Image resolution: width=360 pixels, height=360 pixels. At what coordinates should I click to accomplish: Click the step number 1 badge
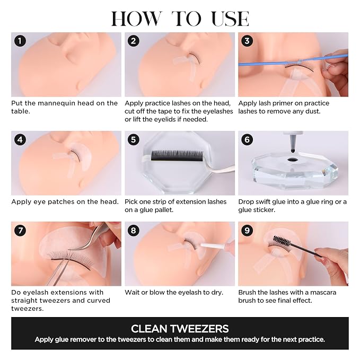pyautogui.click(x=20, y=41)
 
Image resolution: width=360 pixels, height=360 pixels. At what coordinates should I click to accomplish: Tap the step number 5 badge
pyautogui.click(x=134, y=139)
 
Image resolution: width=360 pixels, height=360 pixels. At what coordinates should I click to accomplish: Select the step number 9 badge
pyautogui.click(x=247, y=230)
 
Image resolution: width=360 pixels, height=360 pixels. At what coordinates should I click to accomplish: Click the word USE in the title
pyautogui.click(x=230, y=19)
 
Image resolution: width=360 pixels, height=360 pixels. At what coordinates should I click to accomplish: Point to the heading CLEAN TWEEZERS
pyautogui.click(x=180, y=329)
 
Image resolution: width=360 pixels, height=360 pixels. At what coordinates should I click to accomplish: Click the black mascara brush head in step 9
pyautogui.click(x=282, y=241)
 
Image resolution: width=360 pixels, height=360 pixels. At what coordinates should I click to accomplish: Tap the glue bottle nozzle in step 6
pyautogui.click(x=293, y=142)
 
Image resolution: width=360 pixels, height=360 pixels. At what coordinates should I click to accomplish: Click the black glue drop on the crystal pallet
pyautogui.click(x=293, y=159)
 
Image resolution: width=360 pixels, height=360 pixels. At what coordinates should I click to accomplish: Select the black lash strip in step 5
pyautogui.click(x=177, y=155)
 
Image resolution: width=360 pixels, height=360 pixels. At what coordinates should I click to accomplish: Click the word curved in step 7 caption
pyautogui.click(x=99, y=301)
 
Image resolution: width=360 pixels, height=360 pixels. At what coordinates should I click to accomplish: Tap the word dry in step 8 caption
pyautogui.click(x=218, y=293)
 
